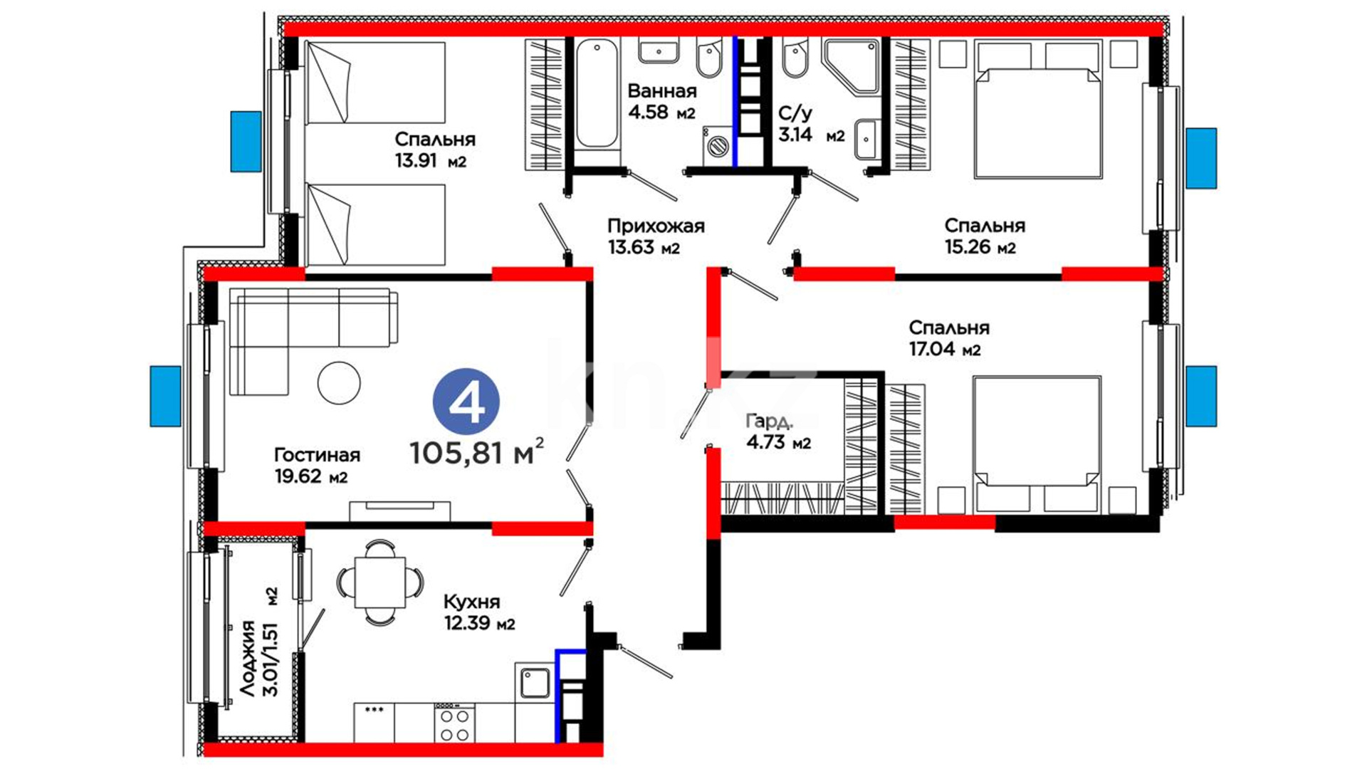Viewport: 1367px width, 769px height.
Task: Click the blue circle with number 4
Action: click(466, 402)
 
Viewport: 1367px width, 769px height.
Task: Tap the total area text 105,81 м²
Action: click(477, 452)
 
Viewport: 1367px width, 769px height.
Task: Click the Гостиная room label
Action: click(317, 454)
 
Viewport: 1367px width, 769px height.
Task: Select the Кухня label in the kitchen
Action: click(471, 602)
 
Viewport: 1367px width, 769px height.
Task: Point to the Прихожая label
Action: click(656, 226)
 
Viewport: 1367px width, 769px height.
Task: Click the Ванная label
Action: click(662, 91)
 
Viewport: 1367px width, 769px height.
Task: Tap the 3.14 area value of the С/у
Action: click(795, 135)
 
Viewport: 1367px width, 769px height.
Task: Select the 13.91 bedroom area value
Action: click(416, 161)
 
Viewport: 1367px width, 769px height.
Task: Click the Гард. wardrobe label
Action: click(769, 421)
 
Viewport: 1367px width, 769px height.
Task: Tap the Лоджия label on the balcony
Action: click(247, 659)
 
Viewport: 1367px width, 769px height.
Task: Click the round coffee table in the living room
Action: click(339, 383)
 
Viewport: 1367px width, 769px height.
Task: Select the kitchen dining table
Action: click(380, 582)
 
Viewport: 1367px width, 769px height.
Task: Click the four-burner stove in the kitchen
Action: click(454, 723)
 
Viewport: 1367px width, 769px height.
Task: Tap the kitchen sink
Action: click(533, 682)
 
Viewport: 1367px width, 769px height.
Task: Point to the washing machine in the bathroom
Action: click(717, 147)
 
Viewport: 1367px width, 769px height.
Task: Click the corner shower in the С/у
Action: click(852, 67)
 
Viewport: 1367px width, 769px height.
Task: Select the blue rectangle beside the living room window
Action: click(166, 396)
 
